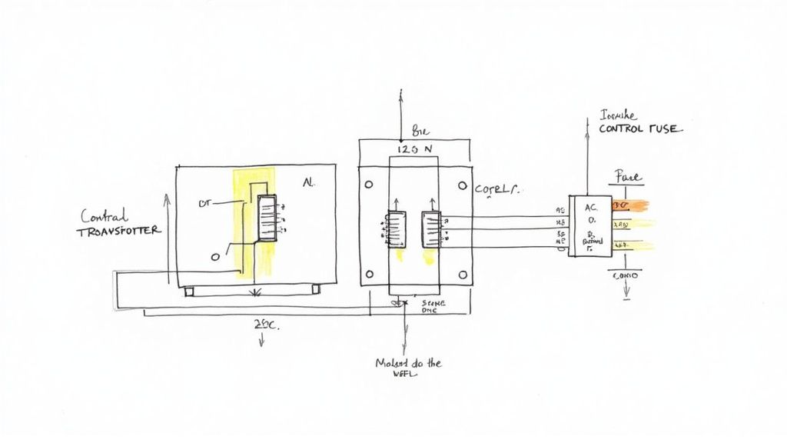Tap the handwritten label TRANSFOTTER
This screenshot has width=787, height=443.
click(x=119, y=231)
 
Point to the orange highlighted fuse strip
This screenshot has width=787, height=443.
click(x=629, y=205)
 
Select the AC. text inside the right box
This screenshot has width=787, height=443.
click(x=590, y=207)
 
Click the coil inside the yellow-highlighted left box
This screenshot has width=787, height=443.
click(x=267, y=218)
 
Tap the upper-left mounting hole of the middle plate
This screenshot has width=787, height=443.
click(x=369, y=185)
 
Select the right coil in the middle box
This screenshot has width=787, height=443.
click(x=430, y=229)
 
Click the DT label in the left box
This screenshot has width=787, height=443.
click(x=204, y=204)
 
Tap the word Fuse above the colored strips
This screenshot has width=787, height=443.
click(x=628, y=178)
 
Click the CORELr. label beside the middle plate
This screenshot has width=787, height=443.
click(x=497, y=188)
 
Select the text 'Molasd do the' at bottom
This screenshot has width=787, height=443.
click(x=407, y=362)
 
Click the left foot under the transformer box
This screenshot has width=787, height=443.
click(x=189, y=292)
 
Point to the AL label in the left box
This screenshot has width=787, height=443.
click(x=309, y=184)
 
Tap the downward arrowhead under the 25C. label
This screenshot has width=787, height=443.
click(x=263, y=344)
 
